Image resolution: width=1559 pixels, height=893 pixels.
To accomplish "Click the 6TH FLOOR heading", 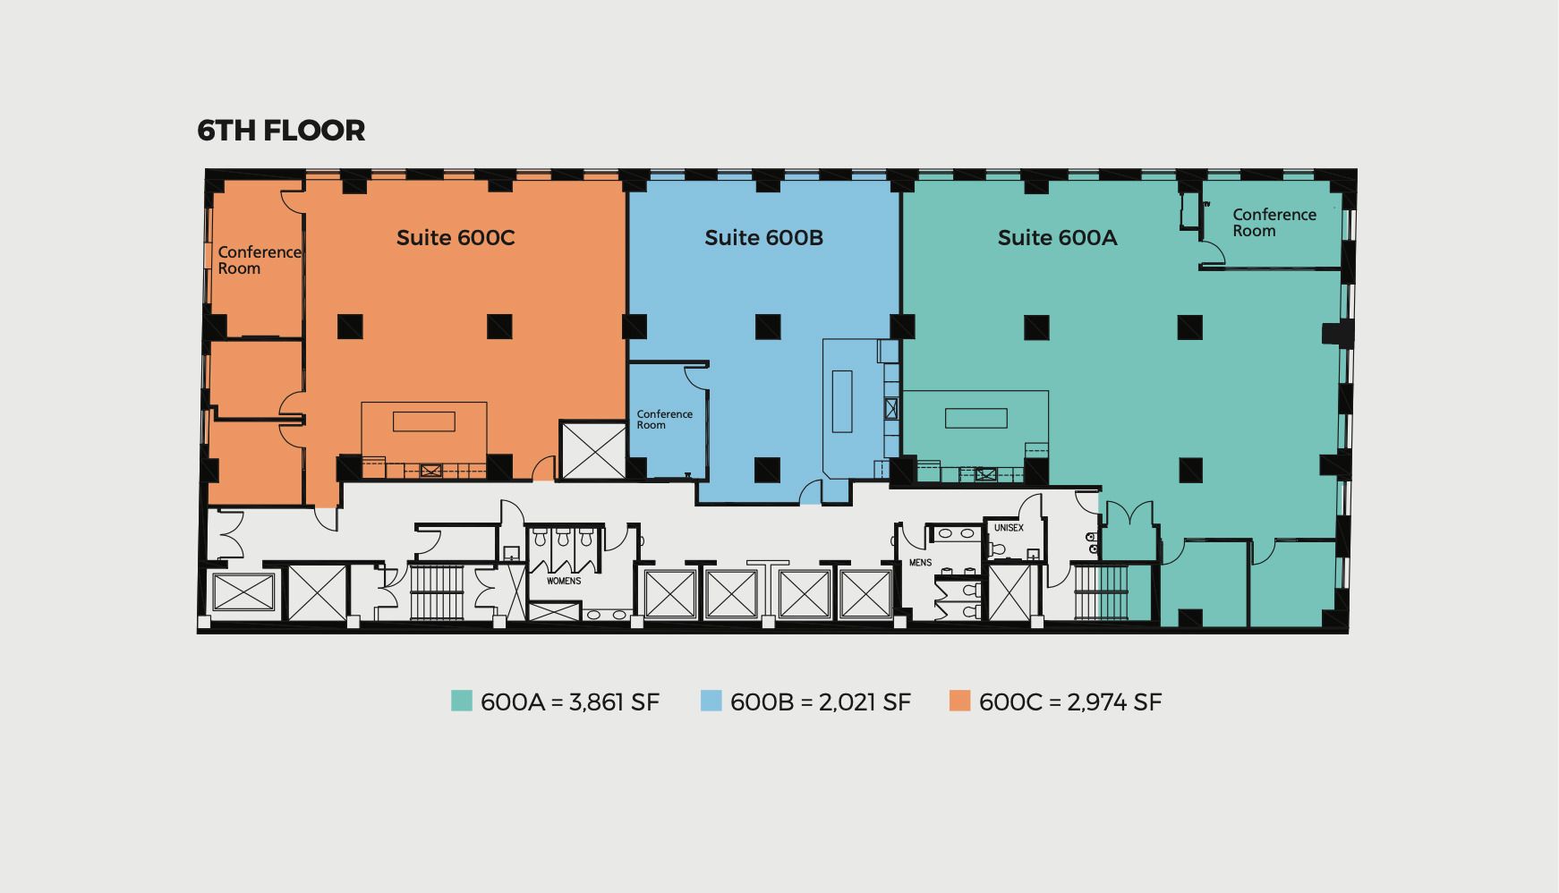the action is (x=281, y=131).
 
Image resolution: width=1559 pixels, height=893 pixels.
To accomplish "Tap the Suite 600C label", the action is (x=456, y=238).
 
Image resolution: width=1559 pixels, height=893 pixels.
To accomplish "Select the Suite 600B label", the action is (x=763, y=238).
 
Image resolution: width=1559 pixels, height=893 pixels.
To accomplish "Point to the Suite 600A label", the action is (x=1057, y=238).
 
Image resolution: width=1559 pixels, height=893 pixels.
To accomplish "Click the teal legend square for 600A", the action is (x=461, y=701).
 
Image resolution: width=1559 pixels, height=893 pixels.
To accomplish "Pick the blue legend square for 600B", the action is (x=711, y=701).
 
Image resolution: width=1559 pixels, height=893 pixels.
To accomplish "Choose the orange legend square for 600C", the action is (x=959, y=701).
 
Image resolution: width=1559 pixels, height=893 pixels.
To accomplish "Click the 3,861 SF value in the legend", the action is (x=614, y=702).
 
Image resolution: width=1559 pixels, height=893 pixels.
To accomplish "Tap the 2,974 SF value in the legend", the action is (x=1115, y=702).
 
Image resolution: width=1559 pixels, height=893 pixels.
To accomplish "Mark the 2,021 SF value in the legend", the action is (x=865, y=702).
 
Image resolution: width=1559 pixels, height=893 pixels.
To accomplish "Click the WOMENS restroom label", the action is (x=564, y=581).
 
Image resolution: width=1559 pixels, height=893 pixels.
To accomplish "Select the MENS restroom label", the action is (x=920, y=563).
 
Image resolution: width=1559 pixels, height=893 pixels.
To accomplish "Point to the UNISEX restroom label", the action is (x=1009, y=528).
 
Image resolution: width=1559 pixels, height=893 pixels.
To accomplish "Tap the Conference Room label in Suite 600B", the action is (x=664, y=420).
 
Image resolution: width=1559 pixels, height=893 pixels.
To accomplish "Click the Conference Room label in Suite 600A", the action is (x=1274, y=223).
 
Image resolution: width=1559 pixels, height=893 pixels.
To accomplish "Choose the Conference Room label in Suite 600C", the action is (x=260, y=260).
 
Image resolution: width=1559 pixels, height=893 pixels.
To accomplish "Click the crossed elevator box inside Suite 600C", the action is (x=593, y=450).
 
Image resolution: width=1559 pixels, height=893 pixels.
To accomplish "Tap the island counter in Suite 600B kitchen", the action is (x=841, y=401).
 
